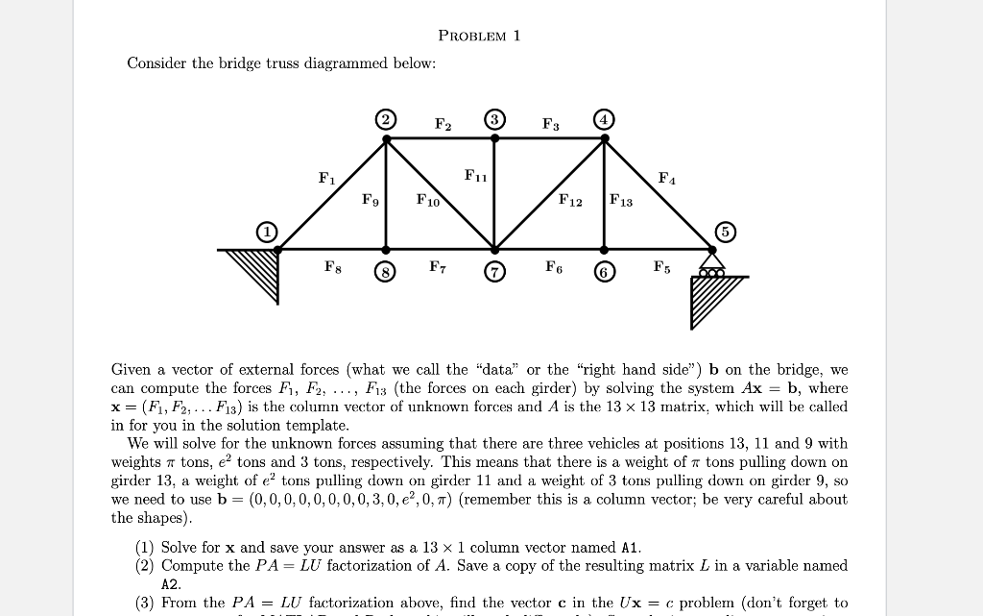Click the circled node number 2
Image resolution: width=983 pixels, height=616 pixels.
[386, 120]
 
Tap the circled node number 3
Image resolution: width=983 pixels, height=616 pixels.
[494, 120]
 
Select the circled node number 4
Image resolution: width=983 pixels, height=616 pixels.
[604, 120]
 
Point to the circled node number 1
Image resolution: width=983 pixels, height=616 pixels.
[266, 231]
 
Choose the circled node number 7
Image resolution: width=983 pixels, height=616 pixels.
[494, 272]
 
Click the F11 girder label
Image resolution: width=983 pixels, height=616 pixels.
[475, 176]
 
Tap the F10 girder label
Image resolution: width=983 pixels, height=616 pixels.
[427, 201]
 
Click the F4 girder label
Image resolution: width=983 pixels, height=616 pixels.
[665, 178]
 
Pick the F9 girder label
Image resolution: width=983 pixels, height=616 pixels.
[370, 201]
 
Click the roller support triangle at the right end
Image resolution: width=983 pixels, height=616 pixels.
[711, 259]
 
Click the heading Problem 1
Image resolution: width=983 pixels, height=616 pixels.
[478, 37]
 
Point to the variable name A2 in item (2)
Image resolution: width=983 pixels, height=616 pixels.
[171, 584]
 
